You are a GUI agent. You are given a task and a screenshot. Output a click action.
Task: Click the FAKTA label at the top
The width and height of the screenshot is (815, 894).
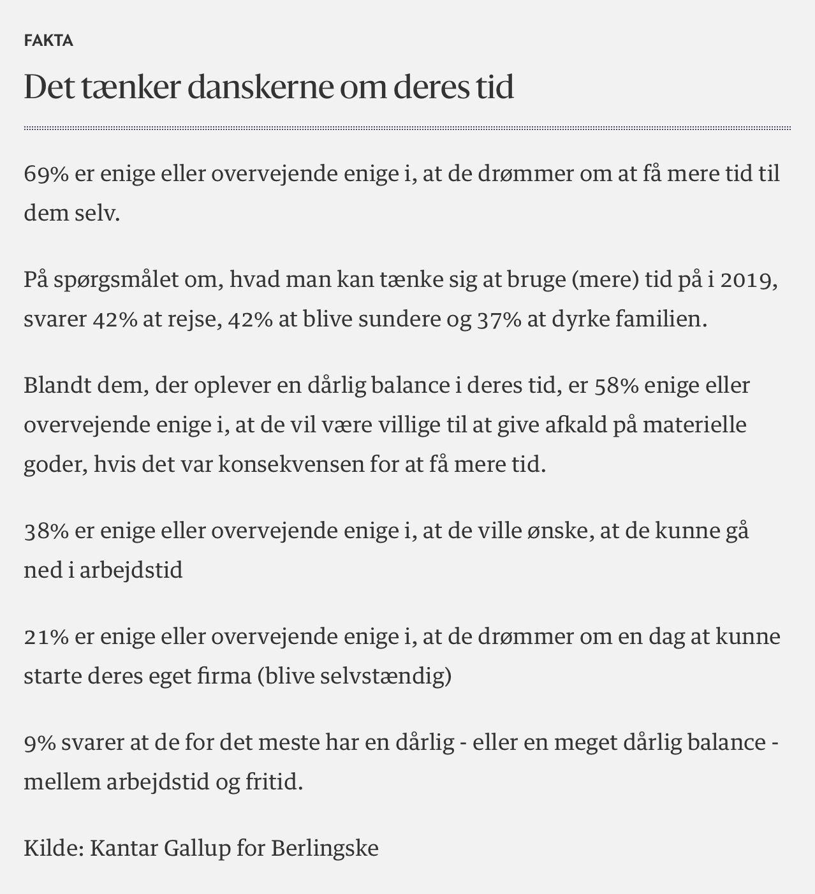click(x=48, y=41)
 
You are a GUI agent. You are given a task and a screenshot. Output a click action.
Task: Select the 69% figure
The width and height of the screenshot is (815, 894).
click(x=46, y=173)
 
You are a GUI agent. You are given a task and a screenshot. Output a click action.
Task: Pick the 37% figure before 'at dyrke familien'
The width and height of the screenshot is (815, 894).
click(x=499, y=319)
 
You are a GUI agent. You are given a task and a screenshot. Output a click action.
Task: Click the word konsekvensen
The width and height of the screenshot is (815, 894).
click(x=291, y=464)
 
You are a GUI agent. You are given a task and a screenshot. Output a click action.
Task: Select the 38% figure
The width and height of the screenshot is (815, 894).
click(x=46, y=531)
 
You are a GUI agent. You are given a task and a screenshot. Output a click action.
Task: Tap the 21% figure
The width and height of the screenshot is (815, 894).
click(x=46, y=636)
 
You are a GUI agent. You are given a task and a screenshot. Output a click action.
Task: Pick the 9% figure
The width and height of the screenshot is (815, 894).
click(x=40, y=742)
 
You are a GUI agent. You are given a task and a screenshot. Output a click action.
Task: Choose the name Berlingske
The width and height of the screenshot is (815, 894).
click(x=325, y=848)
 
